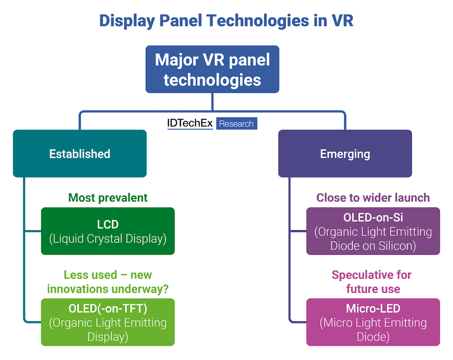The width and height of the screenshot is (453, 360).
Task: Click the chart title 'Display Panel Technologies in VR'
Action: tap(226, 21)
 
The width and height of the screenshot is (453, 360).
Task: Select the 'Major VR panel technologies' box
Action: tap(212, 69)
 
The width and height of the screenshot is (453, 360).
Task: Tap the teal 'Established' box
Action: tap(80, 154)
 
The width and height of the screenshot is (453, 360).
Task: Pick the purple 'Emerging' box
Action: tap(345, 154)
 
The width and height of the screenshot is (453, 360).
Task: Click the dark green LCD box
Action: tap(108, 231)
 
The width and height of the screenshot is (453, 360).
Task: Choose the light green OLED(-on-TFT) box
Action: tap(108, 322)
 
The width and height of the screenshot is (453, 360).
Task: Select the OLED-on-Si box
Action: tap(373, 231)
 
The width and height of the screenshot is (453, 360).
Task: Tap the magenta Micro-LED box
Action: tap(373, 322)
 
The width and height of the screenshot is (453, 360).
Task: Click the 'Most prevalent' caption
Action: tap(108, 197)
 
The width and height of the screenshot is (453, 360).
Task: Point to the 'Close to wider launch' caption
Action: tap(373, 197)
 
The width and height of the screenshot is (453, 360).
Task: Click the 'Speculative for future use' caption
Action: tap(371, 282)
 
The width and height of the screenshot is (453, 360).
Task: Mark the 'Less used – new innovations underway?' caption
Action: tap(108, 282)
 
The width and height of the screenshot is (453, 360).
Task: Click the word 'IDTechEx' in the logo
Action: tap(190, 123)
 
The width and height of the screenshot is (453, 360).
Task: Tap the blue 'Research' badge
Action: tap(236, 124)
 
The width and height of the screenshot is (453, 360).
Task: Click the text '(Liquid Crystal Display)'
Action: tap(108, 239)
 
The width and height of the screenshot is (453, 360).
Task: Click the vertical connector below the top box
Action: tap(212, 102)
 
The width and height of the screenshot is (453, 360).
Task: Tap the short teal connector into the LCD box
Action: tap(33, 231)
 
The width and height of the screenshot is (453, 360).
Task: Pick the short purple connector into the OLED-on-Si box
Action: tap(298, 231)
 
